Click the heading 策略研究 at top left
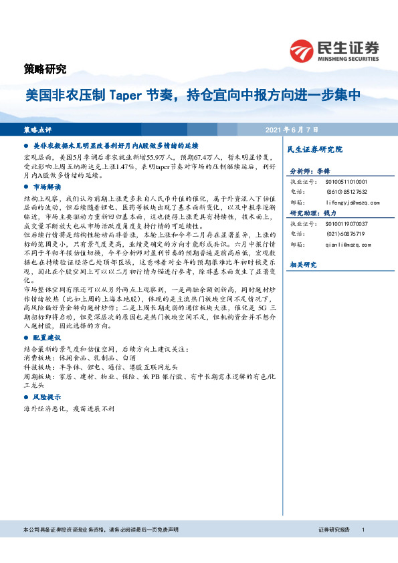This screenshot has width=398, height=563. [41, 68]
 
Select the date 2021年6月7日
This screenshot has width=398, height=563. [292, 129]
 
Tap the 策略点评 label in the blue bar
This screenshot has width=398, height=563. [38, 129]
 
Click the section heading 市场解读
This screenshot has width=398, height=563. [46, 187]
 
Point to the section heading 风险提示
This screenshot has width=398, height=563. [46, 397]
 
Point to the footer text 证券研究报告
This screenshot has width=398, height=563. [334, 530]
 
